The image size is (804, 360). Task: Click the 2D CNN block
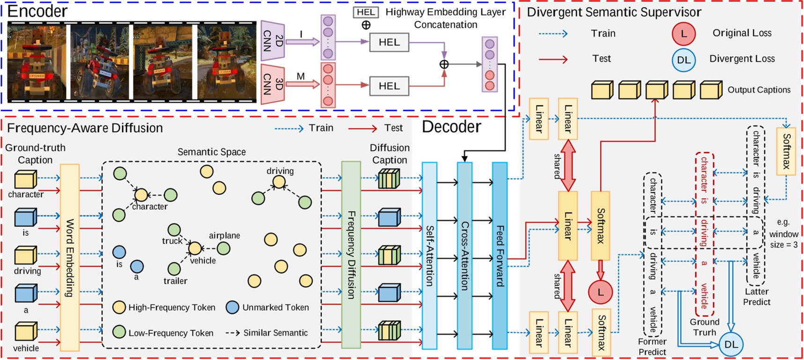[x=272, y=41]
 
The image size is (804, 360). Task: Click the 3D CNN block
[x=272, y=84]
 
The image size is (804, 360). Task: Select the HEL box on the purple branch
[x=389, y=42]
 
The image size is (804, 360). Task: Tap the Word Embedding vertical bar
[x=70, y=257]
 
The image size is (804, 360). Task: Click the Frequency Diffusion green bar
[x=351, y=255]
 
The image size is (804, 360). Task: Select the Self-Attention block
[x=429, y=256]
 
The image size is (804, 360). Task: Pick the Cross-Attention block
[x=464, y=256]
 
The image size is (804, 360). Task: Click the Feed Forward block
[x=500, y=256]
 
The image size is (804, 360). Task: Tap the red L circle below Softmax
[x=600, y=292]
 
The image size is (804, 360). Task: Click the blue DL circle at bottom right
[x=730, y=345]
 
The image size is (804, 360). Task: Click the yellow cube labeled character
[x=25, y=180]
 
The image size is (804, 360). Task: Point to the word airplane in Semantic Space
[x=224, y=235]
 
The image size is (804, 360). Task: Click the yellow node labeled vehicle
[x=195, y=248]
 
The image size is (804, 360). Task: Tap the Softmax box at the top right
[x=786, y=151]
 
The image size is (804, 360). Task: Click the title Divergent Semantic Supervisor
[x=614, y=12]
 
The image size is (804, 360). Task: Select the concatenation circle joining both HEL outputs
[x=444, y=64]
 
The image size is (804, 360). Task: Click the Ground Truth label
[x=704, y=327]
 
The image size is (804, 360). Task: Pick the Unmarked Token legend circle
[x=233, y=307]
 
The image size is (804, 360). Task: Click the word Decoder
[x=451, y=127]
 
